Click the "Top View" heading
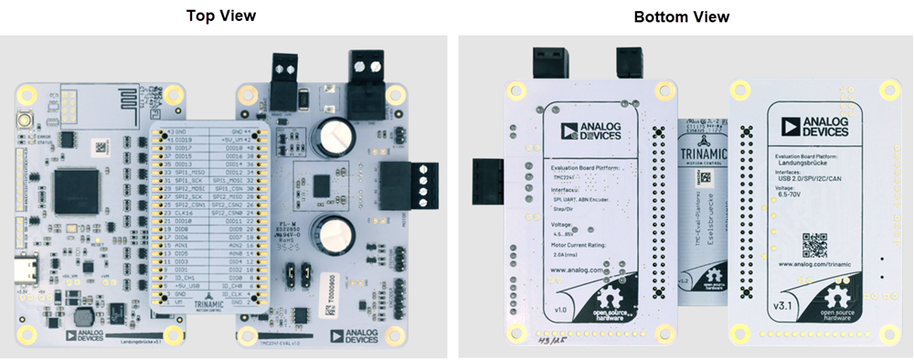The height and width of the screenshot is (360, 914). [221, 16]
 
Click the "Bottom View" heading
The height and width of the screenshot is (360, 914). [681, 16]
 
